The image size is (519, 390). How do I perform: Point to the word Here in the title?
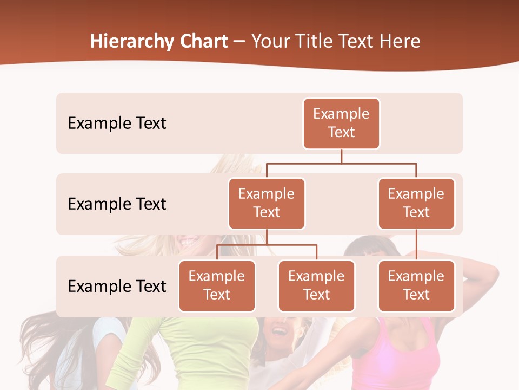pos(399,42)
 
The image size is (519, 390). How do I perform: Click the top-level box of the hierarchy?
pos(341,123)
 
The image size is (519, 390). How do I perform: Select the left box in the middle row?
pos(267,204)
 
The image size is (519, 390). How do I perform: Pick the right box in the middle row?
pos(416,204)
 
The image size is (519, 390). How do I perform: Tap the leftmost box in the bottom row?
pos(217,286)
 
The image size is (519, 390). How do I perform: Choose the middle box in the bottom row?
pos(316,286)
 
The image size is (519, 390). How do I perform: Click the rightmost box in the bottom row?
pos(416,286)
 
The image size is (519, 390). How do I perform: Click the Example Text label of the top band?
pos(117,123)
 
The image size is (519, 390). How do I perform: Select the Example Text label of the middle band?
pos(117,204)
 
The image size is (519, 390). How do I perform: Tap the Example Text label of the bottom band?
pos(117,286)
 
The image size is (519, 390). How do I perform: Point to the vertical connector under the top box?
pos(341,156)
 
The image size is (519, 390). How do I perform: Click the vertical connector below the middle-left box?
pos(267,237)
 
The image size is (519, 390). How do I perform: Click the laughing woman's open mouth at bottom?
pos(279,329)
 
